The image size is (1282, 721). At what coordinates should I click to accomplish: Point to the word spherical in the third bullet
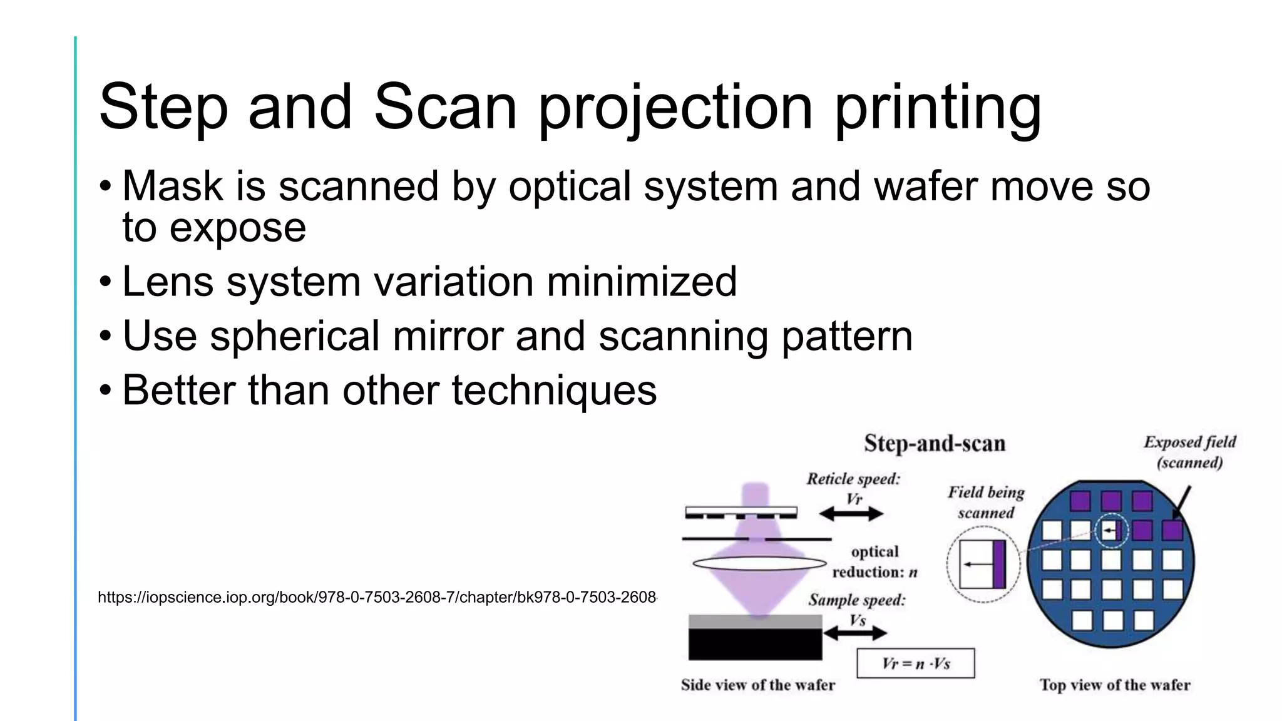294,336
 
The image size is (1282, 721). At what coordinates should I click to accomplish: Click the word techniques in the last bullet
554,391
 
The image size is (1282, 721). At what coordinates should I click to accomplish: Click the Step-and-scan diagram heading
934,444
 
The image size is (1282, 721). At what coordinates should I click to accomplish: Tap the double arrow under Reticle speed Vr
851,514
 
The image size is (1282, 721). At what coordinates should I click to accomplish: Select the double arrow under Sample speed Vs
854,633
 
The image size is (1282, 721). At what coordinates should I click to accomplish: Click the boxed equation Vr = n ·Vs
915,663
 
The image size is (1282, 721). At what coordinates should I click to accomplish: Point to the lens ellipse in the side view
759,563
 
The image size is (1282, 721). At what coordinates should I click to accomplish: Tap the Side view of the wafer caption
757,685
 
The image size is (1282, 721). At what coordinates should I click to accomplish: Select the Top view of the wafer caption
1115,685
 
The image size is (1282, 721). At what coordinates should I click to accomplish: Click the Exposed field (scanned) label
1189,452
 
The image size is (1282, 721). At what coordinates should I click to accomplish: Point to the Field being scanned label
986,503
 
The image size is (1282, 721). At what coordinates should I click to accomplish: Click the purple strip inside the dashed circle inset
999,565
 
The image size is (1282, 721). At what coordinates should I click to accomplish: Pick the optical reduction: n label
874,562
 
